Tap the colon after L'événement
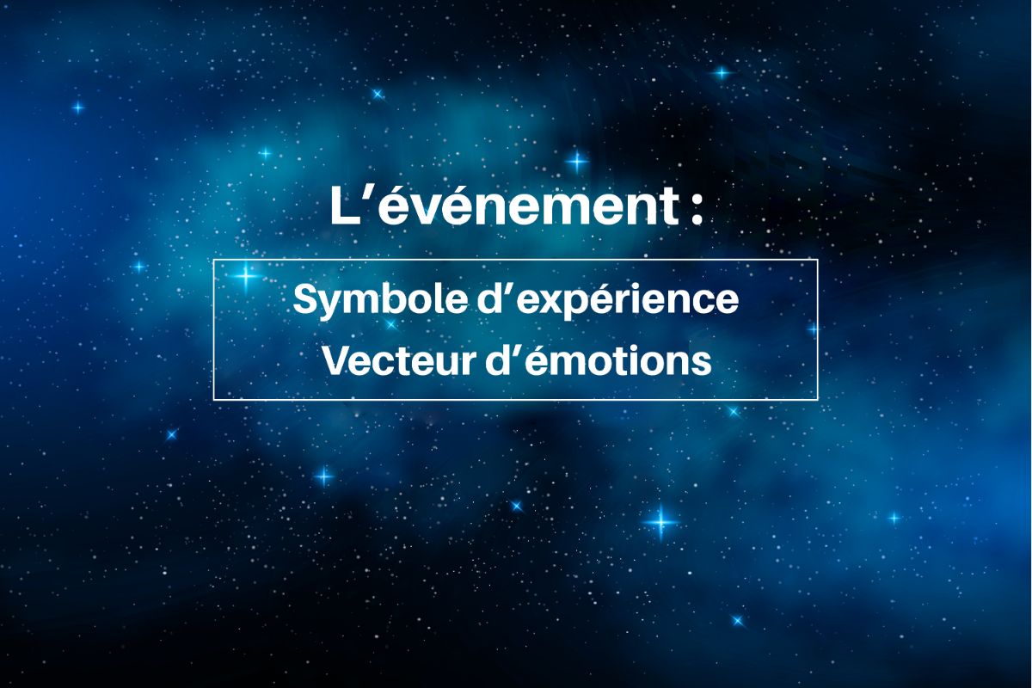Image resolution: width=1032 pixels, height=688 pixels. (x=697, y=211)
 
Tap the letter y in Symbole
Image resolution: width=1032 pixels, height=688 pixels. (x=334, y=305)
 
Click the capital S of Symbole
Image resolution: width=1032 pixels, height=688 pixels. (x=306, y=299)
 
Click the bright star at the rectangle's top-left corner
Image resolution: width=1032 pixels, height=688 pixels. (x=246, y=276)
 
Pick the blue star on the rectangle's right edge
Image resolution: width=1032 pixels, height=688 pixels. (x=814, y=329)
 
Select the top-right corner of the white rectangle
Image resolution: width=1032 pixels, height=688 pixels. (x=818, y=260)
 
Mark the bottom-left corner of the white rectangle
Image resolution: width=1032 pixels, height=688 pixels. (x=214, y=399)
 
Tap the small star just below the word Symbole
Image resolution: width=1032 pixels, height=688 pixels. (x=390, y=324)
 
